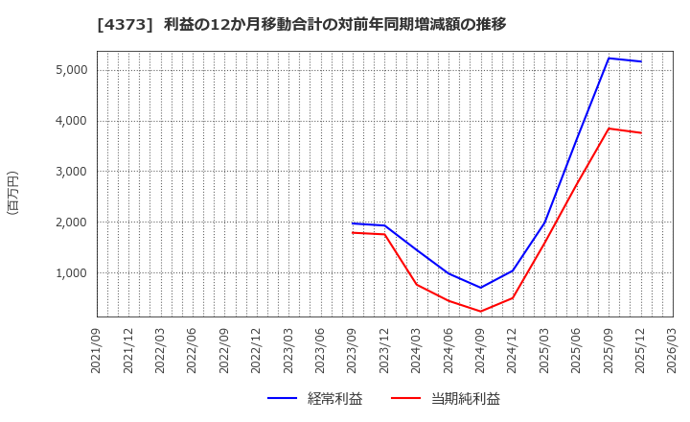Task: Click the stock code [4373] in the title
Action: [121, 24]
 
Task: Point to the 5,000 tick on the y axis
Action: [72, 70]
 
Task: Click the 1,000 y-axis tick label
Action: [72, 273]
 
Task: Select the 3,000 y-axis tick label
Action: [72, 172]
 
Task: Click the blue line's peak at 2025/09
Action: [609, 59]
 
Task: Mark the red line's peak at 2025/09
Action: [609, 129]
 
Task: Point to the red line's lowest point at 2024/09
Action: [481, 312]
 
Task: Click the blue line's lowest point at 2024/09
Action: [481, 288]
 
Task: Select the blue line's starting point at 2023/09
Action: [354, 223]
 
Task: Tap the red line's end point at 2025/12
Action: [640, 132]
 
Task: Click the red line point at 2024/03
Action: [417, 284]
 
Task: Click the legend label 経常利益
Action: [335, 399]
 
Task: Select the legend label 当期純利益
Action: [465, 399]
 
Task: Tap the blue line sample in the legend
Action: [282, 399]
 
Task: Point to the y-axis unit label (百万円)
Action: [13, 192]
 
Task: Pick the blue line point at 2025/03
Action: [544, 224]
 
